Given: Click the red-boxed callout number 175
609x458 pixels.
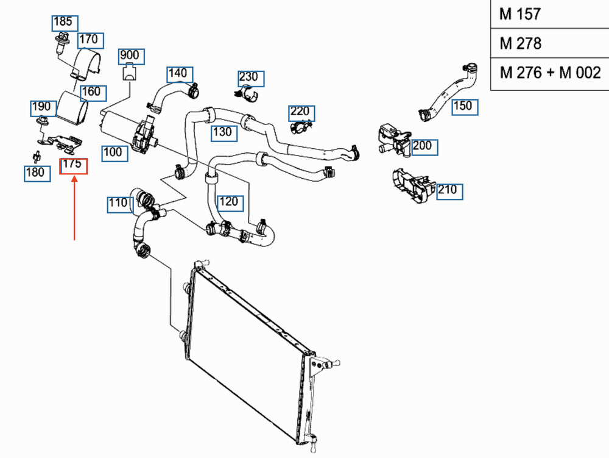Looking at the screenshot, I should (x=73, y=165).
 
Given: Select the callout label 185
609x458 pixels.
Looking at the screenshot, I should (x=63, y=23).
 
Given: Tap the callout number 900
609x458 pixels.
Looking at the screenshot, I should (x=129, y=56).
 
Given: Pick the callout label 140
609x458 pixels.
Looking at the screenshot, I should (x=178, y=74).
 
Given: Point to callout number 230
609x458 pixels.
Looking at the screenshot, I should (x=248, y=77).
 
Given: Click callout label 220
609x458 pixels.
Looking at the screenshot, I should (x=300, y=112).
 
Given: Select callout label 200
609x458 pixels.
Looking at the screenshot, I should (x=422, y=146).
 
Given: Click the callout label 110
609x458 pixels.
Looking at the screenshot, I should (x=118, y=203).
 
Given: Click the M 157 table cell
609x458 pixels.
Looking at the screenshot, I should (x=549, y=15).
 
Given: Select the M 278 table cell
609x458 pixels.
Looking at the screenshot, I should (x=549, y=44).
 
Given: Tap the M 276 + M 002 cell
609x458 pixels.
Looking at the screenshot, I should (x=549, y=74).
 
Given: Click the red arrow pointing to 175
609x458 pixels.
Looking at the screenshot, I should (x=74, y=207).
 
